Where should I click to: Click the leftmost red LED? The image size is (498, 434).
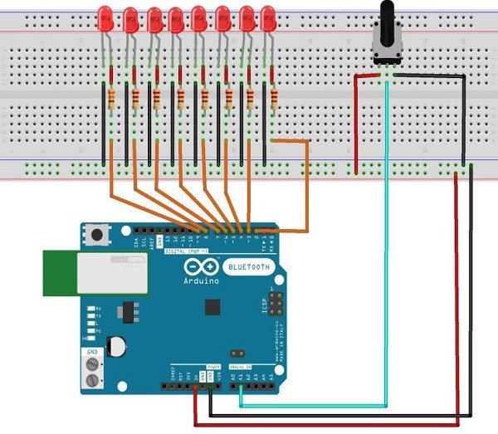point(105,17)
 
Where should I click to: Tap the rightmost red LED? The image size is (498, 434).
point(267,17)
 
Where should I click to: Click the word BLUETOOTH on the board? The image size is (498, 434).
point(246,266)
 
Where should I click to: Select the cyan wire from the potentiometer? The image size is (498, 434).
point(387,249)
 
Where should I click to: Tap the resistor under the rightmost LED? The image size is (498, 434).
point(273,99)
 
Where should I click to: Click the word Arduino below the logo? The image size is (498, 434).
point(202,280)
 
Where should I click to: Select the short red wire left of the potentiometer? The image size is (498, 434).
point(357,124)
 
